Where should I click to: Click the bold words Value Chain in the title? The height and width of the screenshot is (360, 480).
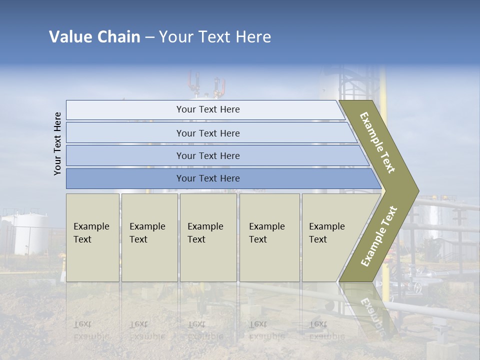pyautogui.click(x=94, y=37)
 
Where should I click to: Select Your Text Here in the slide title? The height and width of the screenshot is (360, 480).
pyautogui.click(x=215, y=37)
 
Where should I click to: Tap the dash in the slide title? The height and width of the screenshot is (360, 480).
pyautogui.click(x=149, y=37)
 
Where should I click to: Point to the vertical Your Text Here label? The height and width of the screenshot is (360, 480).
pyautogui.click(x=58, y=144)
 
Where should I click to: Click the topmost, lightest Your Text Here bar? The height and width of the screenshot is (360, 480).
pyautogui.click(x=207, y=109)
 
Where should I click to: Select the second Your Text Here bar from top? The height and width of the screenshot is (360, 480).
pyautogui.click(x=207, y=133)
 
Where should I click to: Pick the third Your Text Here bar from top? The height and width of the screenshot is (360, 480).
pyautogui.click(x=207, y=155)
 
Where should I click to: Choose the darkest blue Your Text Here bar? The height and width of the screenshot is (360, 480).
pyautogui.click(x=207, y=178)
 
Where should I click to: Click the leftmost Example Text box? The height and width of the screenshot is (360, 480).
pyautogui.click(x=92, y=237)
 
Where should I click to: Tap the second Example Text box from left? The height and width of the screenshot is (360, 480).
pyautogui.click(x=149, y=237)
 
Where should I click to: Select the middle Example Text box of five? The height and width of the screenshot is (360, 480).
pyautogui.click(x=208, y=237)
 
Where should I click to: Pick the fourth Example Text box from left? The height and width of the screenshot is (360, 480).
pyautogui.click(x=269, y=237)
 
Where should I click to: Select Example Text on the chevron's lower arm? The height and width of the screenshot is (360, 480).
pyautogui.click(x=379, y=236)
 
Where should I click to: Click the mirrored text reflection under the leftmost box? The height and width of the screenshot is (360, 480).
pyautogui.click(x=91, y=330)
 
